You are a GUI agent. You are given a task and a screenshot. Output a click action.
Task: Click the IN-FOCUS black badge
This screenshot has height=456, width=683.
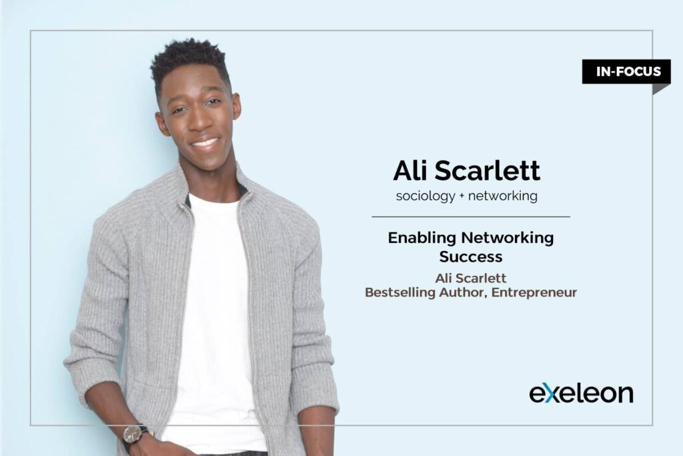pos(626,71)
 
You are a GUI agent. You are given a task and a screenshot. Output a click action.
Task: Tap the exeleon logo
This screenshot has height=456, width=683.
pos(581,393)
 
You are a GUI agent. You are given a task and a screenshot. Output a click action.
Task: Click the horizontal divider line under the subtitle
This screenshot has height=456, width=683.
pos(470,217)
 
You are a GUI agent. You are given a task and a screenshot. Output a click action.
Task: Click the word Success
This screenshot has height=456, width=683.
pos(471,256)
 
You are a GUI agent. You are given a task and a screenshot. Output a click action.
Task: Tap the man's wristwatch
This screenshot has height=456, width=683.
pos(135,434)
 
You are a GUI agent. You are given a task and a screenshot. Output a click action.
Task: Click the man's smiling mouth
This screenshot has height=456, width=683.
pos(204,143)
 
